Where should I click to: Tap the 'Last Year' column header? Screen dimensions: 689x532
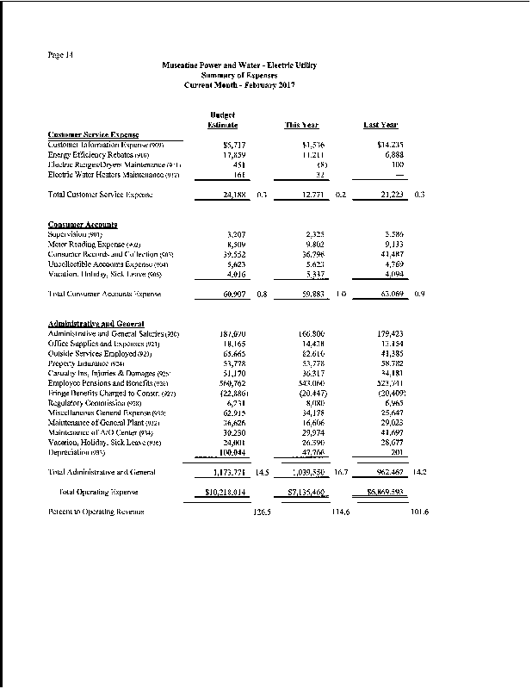(x=380, y=126)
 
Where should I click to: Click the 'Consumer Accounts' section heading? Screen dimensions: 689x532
(x=83, y=225)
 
